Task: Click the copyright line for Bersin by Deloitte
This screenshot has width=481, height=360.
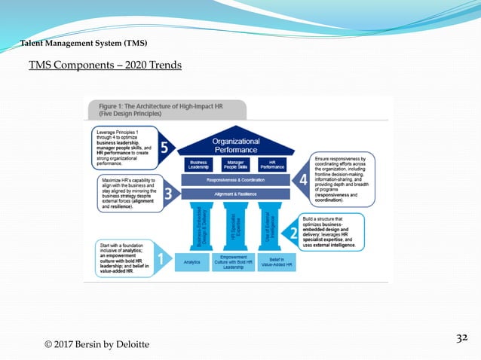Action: [97, 344]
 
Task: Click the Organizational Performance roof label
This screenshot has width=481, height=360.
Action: [236, 144]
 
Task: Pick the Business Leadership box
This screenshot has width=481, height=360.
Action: [198, 164]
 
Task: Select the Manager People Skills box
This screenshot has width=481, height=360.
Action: [236, 164]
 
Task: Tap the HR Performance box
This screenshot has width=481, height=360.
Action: [273, 164]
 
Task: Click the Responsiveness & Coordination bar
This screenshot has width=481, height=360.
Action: [236, 181]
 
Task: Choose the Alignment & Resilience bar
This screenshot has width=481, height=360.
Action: [236, 194]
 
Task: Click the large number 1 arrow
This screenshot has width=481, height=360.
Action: [159, 261]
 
